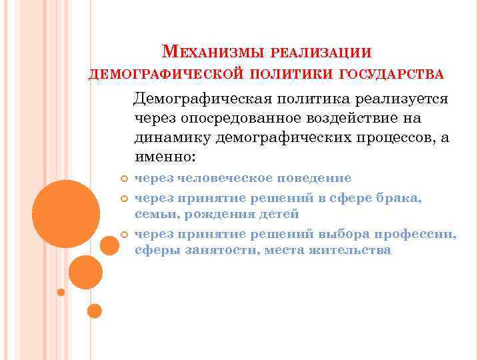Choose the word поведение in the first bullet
pos(316,179)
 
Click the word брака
pos(405,197)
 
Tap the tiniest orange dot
pos(61,292)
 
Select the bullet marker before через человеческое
pos(125,179)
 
